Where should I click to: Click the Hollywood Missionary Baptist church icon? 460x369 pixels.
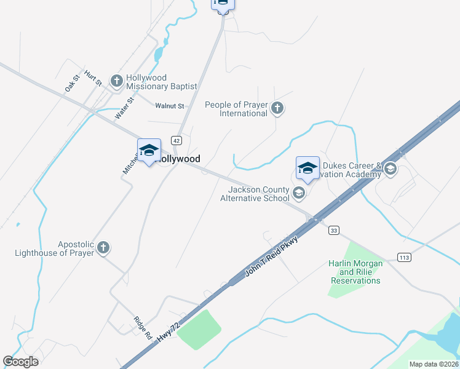point(117,81)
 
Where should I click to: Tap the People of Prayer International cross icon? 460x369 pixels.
point(277,109)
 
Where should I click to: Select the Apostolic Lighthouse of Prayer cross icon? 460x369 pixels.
point(103,248)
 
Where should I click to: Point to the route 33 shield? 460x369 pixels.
point(334,230)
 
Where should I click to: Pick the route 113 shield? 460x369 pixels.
point(404,256)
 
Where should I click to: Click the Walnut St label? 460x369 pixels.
point(170,106)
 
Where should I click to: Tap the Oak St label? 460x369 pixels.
point(73,84)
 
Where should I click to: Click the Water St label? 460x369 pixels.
point(124,108)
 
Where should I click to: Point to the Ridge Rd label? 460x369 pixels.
point(143,328)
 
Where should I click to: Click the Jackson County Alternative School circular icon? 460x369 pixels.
point(298,194)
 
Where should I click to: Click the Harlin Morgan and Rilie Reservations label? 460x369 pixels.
point(356,272)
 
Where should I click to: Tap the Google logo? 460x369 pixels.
point(21,362)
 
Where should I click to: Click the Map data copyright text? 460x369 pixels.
point(434,364)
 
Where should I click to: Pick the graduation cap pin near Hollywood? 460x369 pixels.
point(149,151)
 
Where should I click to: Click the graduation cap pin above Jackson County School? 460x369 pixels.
point(307,167)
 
